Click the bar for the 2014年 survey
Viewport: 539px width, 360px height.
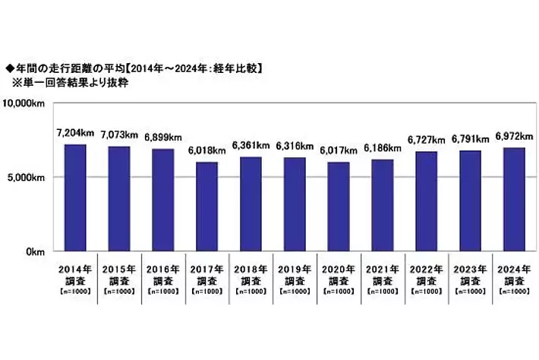(75, 197)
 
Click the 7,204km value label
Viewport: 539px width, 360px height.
(75, 133)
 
